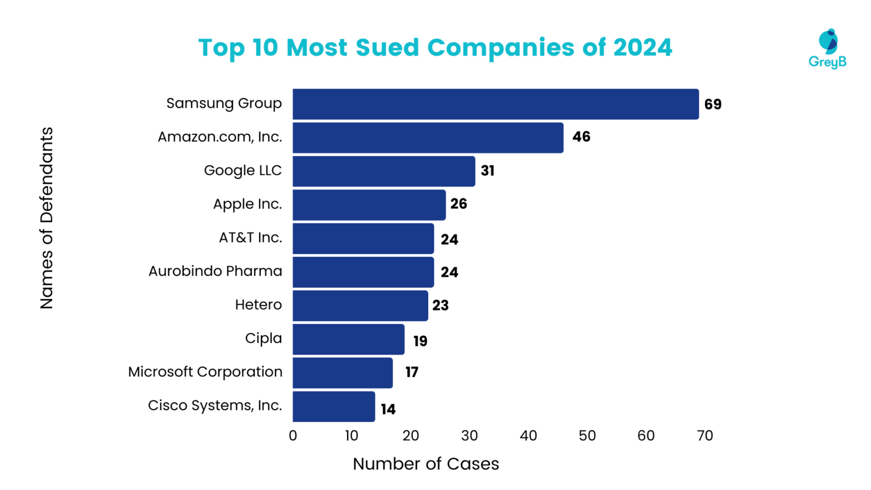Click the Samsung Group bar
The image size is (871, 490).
496,104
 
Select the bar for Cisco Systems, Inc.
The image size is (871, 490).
333,407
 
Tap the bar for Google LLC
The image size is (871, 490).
384,171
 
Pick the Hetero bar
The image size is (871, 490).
360,306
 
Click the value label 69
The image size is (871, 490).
713,104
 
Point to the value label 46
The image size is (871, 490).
581,137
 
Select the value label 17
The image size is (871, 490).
412,372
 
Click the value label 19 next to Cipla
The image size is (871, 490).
420,341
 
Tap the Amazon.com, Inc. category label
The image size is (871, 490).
219,137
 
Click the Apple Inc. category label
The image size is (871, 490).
247,204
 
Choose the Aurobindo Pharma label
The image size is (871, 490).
215,271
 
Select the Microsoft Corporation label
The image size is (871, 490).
205,372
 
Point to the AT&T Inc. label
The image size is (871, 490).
250,238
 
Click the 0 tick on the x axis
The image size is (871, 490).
293,436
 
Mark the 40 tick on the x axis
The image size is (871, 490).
528,436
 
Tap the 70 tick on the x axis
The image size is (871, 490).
705,436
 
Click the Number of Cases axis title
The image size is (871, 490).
426,464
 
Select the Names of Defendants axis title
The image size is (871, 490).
46,218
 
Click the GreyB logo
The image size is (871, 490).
827,49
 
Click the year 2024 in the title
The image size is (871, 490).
642,48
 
